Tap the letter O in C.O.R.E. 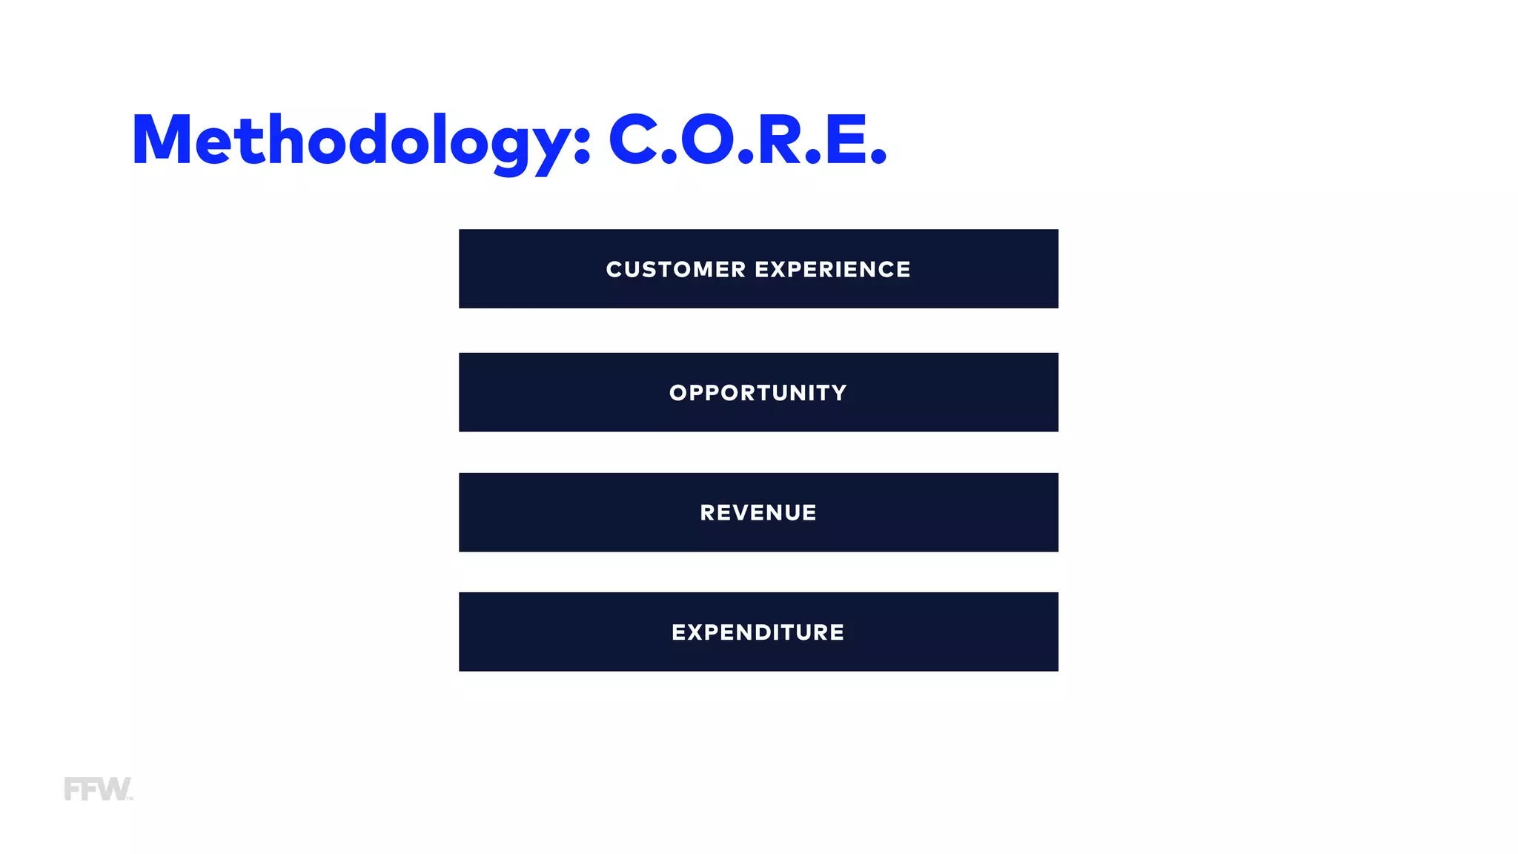[707, 139]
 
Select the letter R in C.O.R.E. [780, 139]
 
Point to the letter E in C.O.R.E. [845, 139]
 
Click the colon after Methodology [582, 145]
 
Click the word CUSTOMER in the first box [675, 269]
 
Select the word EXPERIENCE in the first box [832, 269]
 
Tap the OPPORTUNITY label [758, 393]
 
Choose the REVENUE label [758, 513]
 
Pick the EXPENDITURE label [758, 632]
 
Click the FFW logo [98, 789]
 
